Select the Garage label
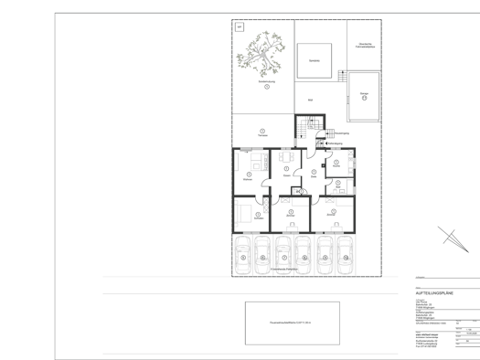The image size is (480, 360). pos(364,93)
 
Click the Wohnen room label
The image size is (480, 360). pos(248,180)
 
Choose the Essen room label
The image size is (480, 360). pos(286,176)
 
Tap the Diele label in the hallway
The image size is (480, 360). pos(313,177)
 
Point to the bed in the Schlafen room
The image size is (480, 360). pos(243,216)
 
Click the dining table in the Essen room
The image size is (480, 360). pos(286,162)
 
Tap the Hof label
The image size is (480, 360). pos(311,100)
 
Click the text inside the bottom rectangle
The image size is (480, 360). pos(292,323)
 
